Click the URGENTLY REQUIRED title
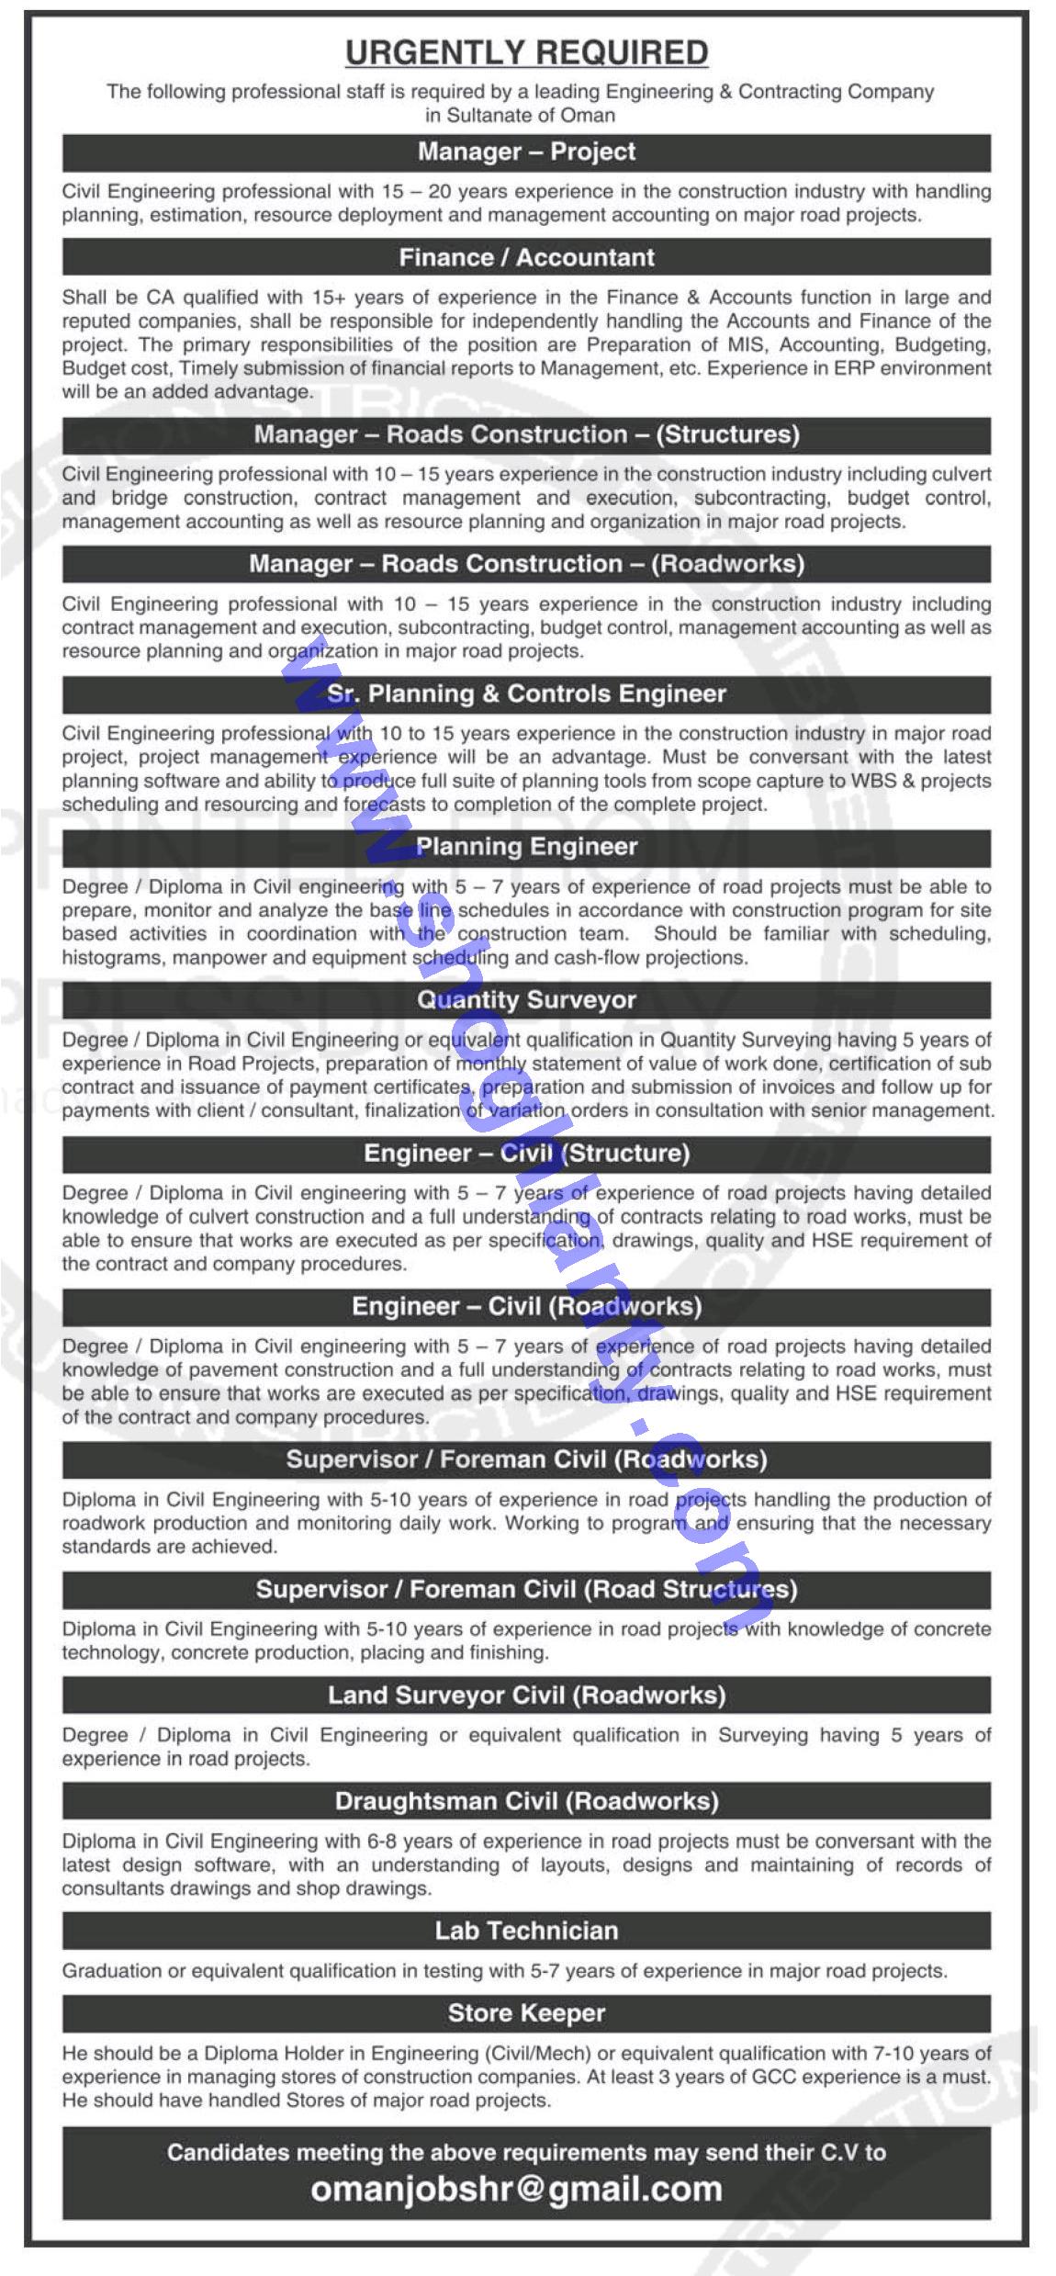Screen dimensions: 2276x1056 (526, 53)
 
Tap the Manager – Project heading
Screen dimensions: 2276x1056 (526, 152)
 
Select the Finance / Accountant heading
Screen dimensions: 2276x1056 (526, 257)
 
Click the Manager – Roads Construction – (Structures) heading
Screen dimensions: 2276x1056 (526, 434)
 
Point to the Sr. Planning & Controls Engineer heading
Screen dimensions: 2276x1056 (526, 693)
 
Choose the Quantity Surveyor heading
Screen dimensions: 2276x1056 (526, 999)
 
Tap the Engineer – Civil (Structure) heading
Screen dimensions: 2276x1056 (526, 1153)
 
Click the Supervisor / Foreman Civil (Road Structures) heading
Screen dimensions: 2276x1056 (526, 1589)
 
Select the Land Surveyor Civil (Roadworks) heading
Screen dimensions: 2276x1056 (526, 1695)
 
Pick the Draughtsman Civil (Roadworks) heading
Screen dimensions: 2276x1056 (526, 1800)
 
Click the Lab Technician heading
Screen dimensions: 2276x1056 (526, 1930)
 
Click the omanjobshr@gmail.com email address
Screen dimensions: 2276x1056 (516, 2189)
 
